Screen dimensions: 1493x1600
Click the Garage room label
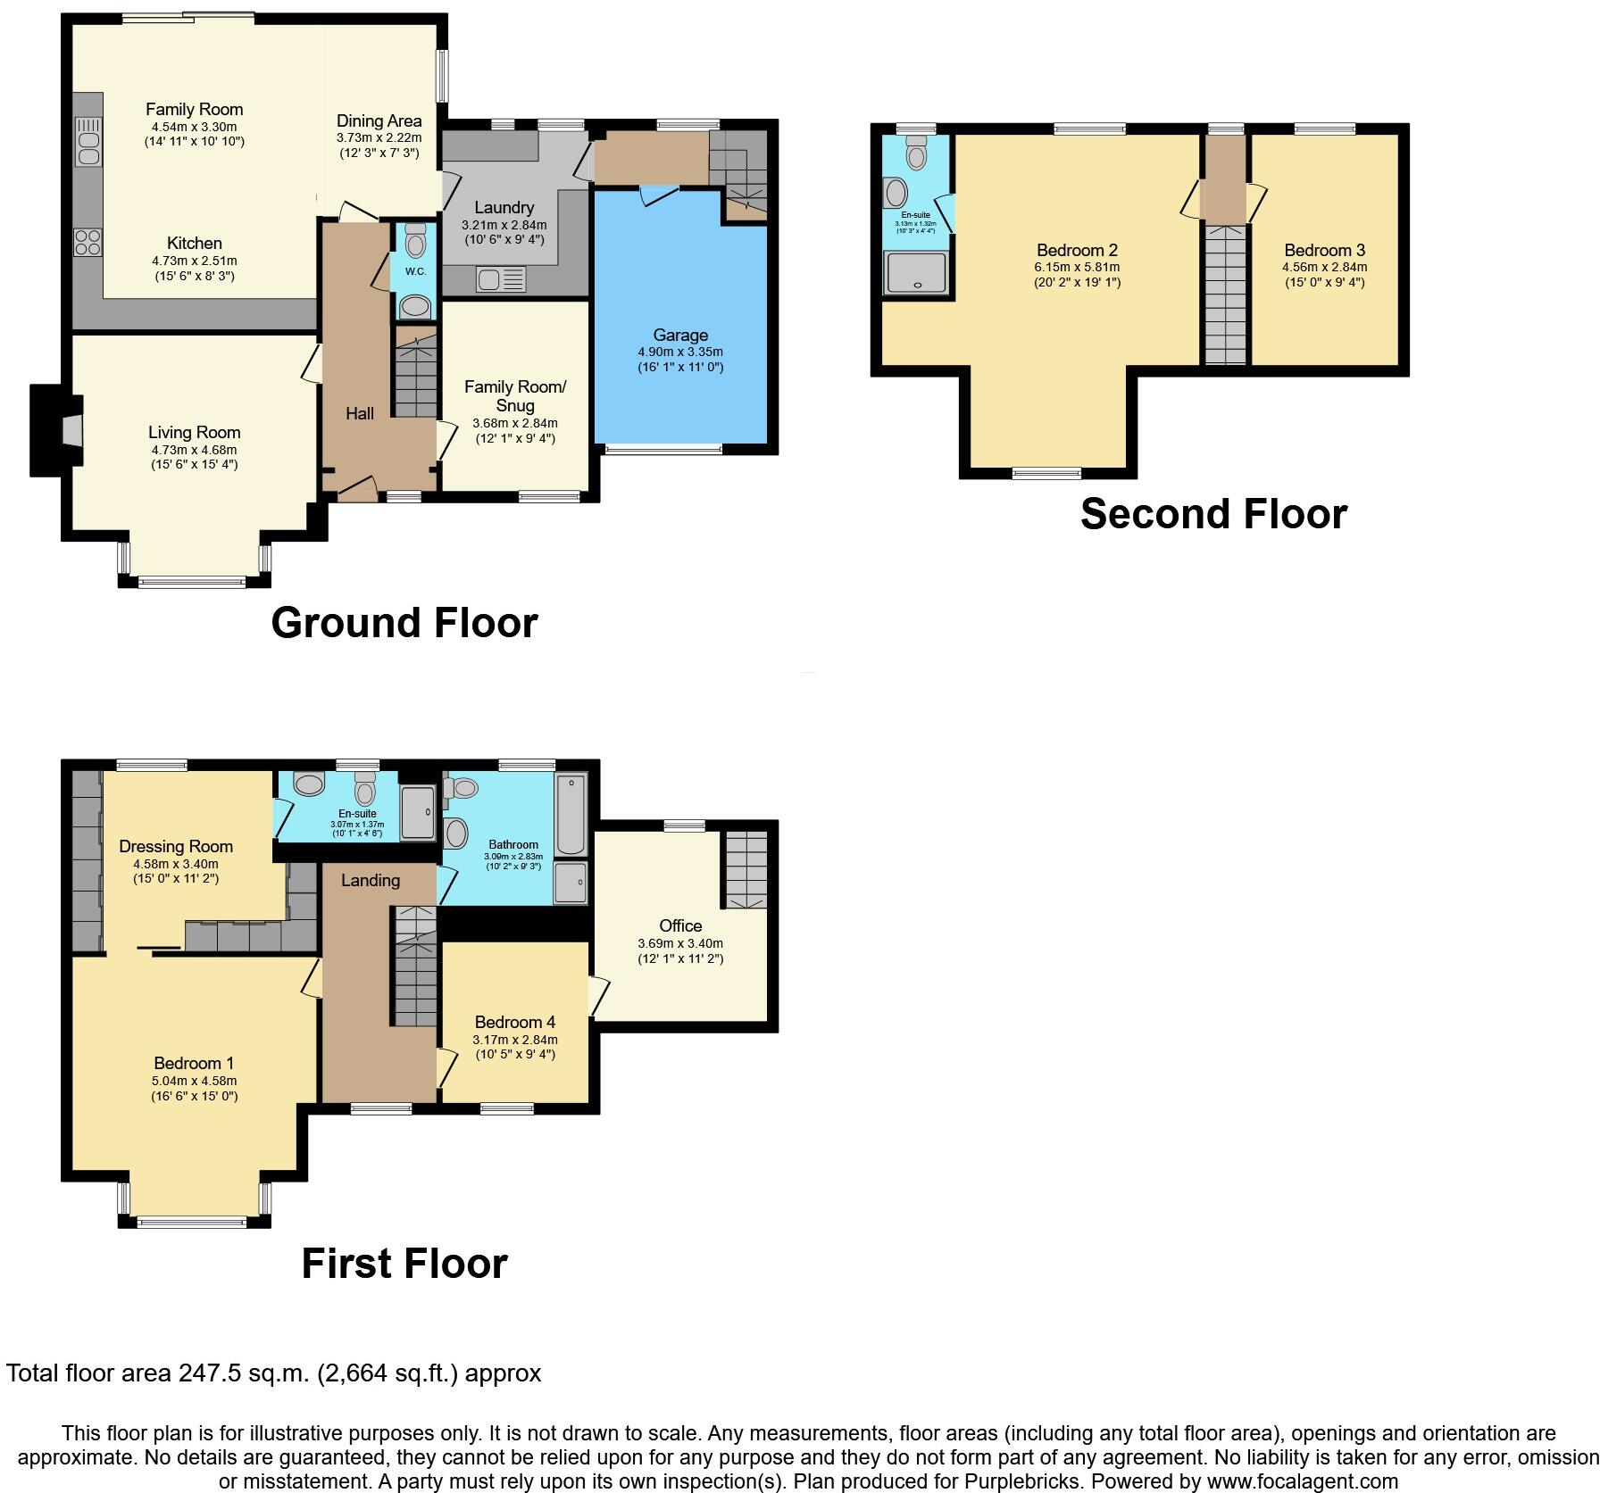[x=680, y=336]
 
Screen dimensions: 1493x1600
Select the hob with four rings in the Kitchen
[x=87, y=242]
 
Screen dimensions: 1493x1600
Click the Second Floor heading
[x=1212, y=515]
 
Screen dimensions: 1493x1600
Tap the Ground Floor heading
[x=404, y=623]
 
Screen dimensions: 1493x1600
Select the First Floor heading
[x=404, y=1264]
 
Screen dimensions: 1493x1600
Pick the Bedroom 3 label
[x=1324, y=251]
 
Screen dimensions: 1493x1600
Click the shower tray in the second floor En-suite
[x=916, y=272]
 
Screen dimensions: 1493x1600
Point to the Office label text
[x=680, y=926]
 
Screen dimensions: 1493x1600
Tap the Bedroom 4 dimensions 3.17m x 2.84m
[x=514, y=1040]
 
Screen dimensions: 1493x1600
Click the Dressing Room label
[x=176, y=846]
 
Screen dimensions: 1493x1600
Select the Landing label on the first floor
[x=371, y=881]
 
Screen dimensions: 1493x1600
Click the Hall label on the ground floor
[x=360, y=413]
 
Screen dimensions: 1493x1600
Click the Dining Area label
[x=379, y=121]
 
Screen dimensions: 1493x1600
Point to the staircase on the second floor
[x=1225, y=294]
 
